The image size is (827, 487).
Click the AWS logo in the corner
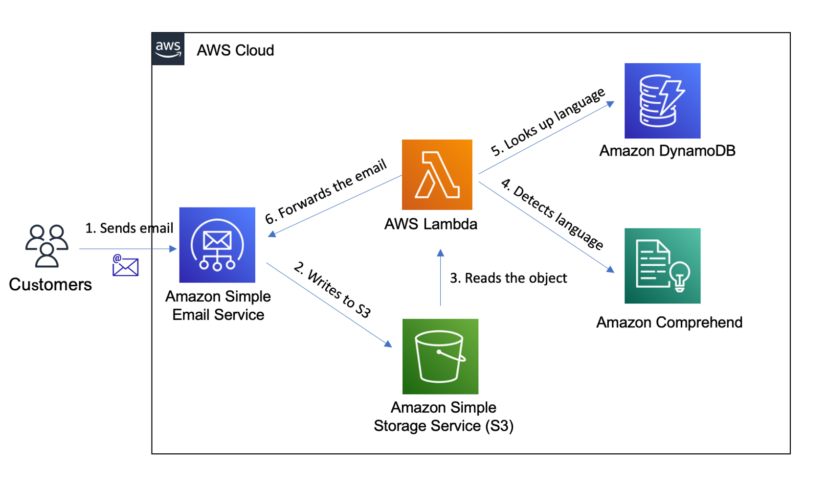coord(168,49)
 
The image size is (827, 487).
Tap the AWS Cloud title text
coord(235,50)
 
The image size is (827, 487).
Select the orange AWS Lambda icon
coord(437,175)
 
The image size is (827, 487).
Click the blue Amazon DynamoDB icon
coord(662,101)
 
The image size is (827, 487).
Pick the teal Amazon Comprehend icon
coord(662,266)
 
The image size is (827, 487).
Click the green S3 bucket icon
coord(440,356)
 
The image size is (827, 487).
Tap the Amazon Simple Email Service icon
coord(217,245)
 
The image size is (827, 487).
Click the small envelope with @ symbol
coord(125,266)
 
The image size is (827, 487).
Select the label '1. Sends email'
coord(129,228)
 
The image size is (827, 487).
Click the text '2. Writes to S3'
coord(333,290)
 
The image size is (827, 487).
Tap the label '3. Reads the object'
coord(508,278)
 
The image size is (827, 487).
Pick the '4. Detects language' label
coord(552,213)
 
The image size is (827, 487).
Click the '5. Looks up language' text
coord(548,122)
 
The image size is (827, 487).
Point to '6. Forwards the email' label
coord(326,191)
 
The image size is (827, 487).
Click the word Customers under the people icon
coord(50,284)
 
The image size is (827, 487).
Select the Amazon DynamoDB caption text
coord(667,151)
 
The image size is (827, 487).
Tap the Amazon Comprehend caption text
coord(669,323)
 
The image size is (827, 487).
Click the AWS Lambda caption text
coord(430,224)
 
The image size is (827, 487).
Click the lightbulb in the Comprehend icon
coord(680,276)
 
